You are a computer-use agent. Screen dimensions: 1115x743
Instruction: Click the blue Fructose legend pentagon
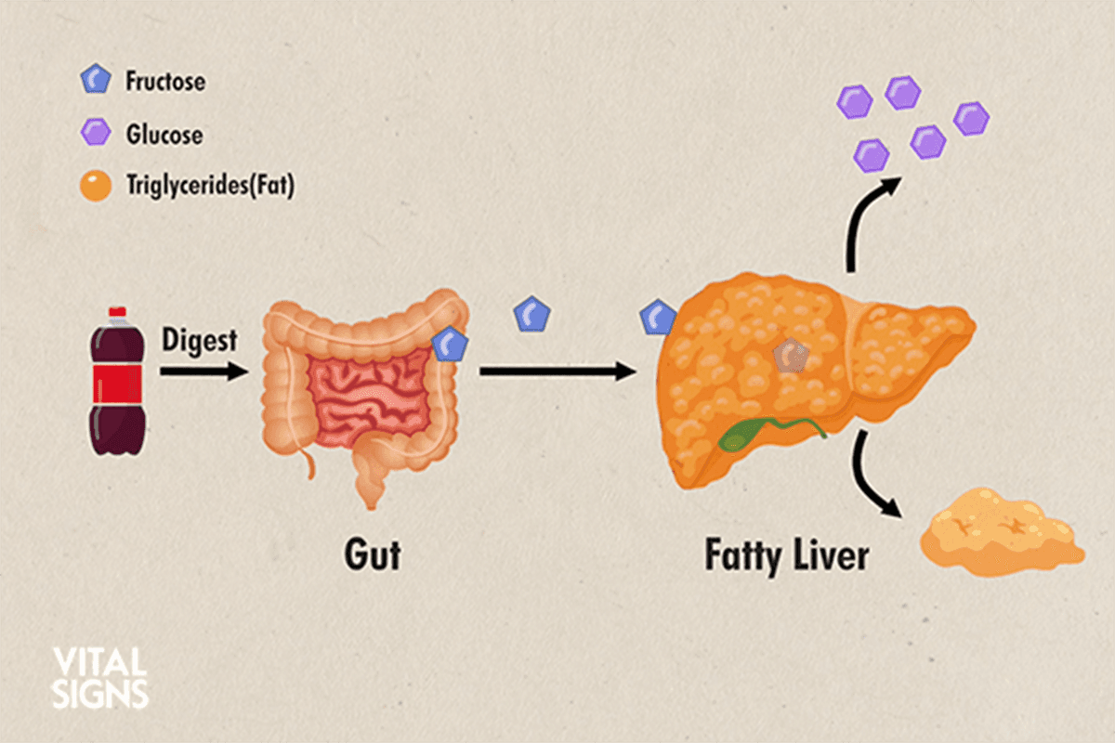pos(96,79)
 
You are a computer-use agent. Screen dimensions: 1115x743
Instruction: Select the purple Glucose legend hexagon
pos(96,132)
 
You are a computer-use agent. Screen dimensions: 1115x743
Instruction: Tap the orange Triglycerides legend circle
pos(96,186)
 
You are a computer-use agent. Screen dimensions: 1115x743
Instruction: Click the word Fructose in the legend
pos(165,81)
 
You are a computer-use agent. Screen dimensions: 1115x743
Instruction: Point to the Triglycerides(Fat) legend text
pos(211,185)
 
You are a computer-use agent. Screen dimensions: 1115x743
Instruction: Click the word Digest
pos(199,341)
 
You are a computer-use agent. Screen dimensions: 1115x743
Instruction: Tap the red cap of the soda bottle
pos(117,312)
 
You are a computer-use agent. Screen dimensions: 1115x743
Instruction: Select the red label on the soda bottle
pos(117,384)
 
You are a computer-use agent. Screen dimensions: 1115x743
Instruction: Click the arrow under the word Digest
pos(204,371)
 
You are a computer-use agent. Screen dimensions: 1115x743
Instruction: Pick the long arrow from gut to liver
pos(558,371)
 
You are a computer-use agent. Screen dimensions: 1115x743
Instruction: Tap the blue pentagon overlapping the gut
pos(450,344)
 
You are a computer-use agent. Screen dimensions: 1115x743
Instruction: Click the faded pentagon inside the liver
pos(791,356)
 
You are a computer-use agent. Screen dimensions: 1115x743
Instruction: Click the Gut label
pos(373,554)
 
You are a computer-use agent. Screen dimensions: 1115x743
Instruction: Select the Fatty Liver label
pos(787,556)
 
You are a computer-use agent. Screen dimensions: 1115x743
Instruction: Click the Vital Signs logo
pos(100,677)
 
